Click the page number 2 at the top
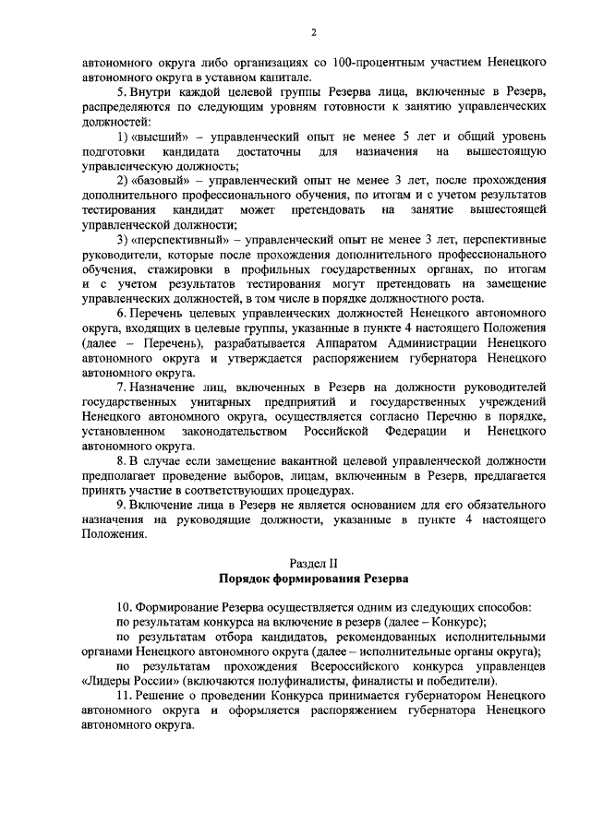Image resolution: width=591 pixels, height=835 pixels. [313, 35]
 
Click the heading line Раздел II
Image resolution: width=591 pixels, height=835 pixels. [313, 562]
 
